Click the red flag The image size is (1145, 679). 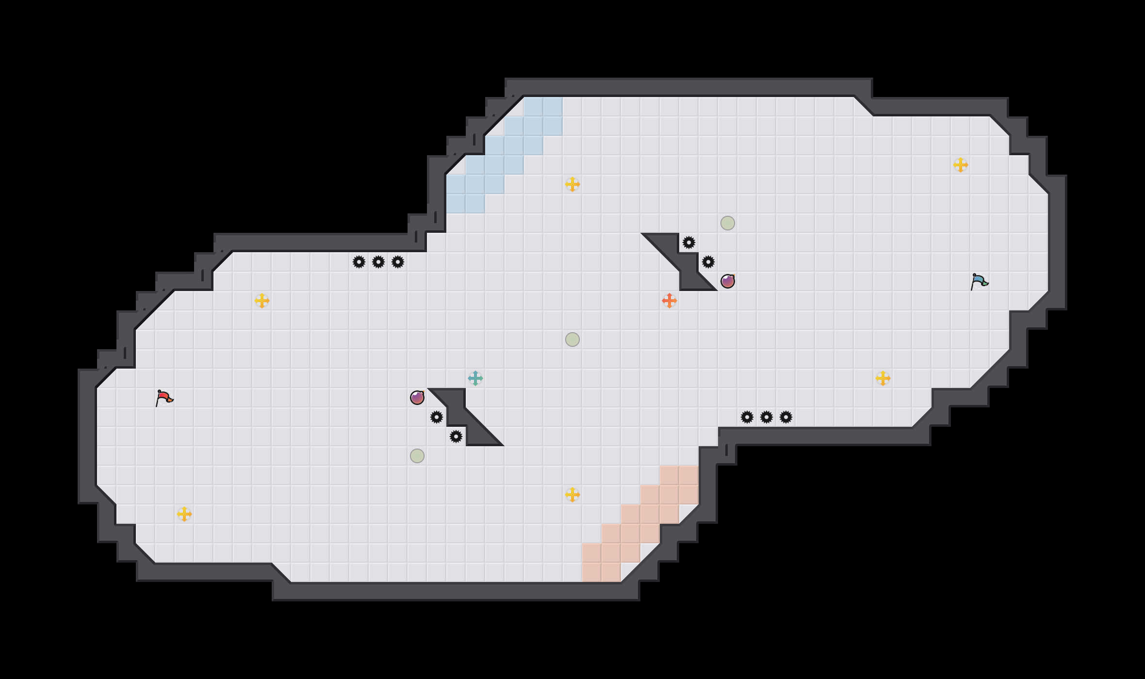pos(164,398)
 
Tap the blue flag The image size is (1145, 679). pos(979,281)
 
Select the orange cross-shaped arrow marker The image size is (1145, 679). pos(670,301)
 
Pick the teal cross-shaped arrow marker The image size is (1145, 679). pos(475,378)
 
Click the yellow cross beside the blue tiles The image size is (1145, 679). pos(572,184)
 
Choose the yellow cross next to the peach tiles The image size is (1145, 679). pos(572,495)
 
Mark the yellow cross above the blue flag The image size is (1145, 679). pos(961,165)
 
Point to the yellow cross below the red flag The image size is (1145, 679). pos(184,514)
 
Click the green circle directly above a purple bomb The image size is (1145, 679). pos(728,223)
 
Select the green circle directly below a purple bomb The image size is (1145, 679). pos(417,456)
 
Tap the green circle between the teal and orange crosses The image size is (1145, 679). pos(572,339)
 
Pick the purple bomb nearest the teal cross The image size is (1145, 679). pos(417,398)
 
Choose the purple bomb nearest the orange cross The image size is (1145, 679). pos(728,281)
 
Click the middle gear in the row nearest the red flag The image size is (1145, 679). pos(378,262)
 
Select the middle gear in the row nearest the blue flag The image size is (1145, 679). pos(767,417)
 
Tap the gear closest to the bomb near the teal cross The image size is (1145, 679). pos(437,417)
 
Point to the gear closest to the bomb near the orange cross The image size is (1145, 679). pos(708,262)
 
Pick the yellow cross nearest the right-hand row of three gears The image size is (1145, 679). pos(883,378)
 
